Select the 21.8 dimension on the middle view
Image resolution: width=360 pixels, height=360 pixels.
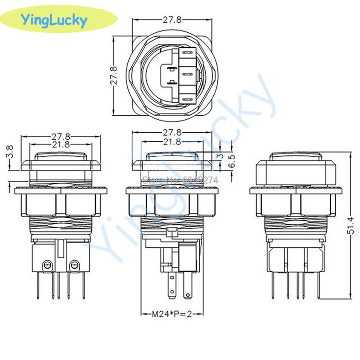pyautogui.click(x=172, y=142)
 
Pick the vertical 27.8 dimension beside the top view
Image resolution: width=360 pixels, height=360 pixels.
pyautogui.click(x=114, y=75)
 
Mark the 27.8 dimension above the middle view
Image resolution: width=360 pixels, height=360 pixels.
pyautogui.click(x=172, y=133)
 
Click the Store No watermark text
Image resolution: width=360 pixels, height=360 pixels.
pyautogui.click(x=180, y=179)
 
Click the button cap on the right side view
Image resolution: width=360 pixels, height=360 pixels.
pyautogui.click(x=293, y=166)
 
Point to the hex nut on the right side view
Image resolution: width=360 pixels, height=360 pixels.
pyautogui.click(x=293, y=200)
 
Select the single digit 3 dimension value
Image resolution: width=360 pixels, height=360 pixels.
pyautogui.click(x=220, y=155)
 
